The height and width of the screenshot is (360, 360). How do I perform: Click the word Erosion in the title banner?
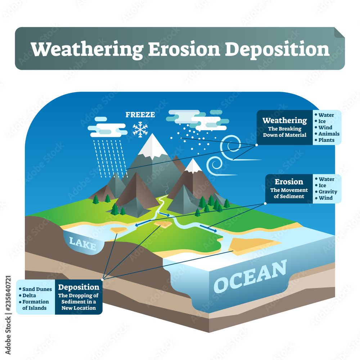pos(184,49)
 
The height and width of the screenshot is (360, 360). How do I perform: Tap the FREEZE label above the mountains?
pos(140,114)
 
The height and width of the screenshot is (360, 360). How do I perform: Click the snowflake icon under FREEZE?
pos(140,130)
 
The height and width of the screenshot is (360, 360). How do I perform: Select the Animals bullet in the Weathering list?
pos(327,134)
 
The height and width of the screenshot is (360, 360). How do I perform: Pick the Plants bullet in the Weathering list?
pos(325,140)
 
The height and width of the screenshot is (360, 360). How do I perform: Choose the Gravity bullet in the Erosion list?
pos(326,192)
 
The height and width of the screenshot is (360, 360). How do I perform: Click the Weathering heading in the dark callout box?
pos(284,121)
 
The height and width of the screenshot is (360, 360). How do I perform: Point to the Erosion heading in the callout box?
pos(289,181)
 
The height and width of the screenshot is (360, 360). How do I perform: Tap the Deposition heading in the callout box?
pos(78,287)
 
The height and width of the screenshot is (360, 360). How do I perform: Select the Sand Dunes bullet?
pos(36,289)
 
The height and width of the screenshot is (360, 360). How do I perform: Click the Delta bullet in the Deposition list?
pos(28,296)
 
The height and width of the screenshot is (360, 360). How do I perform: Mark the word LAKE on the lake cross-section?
pos(83,243)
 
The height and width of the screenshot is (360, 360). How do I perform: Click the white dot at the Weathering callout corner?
pos(256,145)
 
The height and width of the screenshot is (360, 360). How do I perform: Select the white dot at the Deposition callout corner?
pos(102,280)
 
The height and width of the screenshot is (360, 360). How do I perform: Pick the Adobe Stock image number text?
pos(8,315)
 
